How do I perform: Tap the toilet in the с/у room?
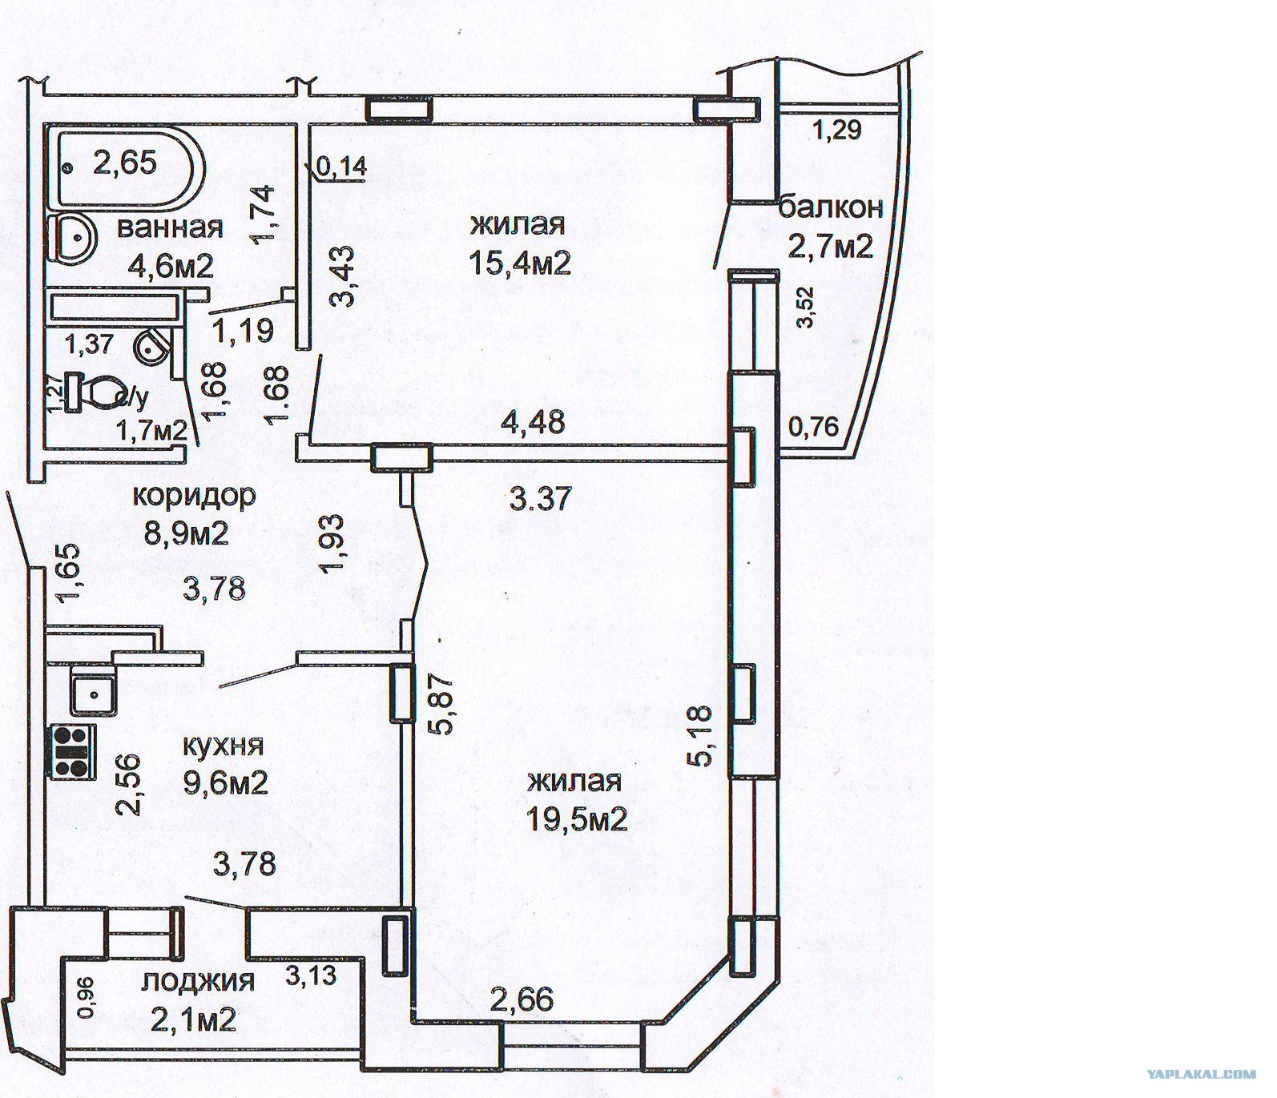point(94,392)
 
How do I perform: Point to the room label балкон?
point(831,207)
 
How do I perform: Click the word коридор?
point(193,497)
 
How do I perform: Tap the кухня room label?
point(223,746)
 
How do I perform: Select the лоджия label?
point(198,981)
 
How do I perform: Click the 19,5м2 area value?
point(576,819)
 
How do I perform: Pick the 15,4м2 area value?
point(519,262)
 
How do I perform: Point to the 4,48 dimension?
point(533,421)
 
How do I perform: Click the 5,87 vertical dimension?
point(442,703)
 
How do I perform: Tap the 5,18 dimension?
point(701,736)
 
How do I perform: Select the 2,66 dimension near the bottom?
point(522,999)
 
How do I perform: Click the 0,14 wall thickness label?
point(341,167)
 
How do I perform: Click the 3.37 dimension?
point(541,499)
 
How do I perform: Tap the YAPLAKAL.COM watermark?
point(1201,1075)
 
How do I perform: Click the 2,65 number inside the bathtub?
point(125,163)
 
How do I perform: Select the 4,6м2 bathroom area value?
point(171,265)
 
